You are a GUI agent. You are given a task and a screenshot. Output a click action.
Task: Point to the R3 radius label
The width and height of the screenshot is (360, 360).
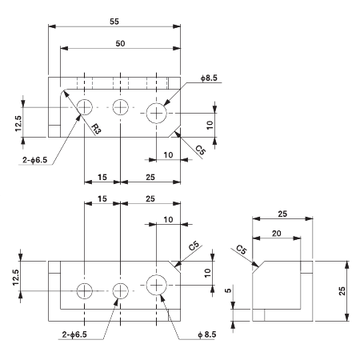click(95, 129)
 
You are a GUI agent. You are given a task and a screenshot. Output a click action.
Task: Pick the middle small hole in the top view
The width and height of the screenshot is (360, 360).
click(120, 107)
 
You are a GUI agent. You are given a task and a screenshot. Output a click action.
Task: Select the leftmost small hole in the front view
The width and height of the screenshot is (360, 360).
click(85, 290)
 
